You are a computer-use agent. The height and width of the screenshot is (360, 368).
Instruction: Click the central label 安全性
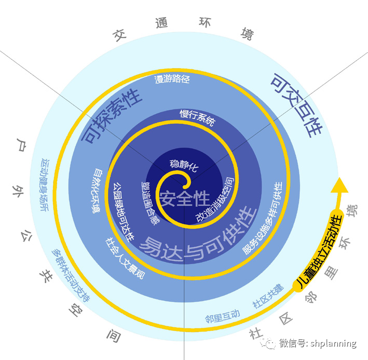184,198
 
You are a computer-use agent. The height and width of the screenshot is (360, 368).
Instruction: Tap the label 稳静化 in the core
184,165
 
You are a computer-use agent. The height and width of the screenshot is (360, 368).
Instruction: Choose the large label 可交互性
295,104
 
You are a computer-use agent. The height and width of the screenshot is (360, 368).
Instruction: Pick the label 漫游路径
172,79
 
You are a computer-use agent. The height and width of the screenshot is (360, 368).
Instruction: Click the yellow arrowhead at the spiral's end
338,184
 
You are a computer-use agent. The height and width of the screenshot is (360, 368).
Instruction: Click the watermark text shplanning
333,343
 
